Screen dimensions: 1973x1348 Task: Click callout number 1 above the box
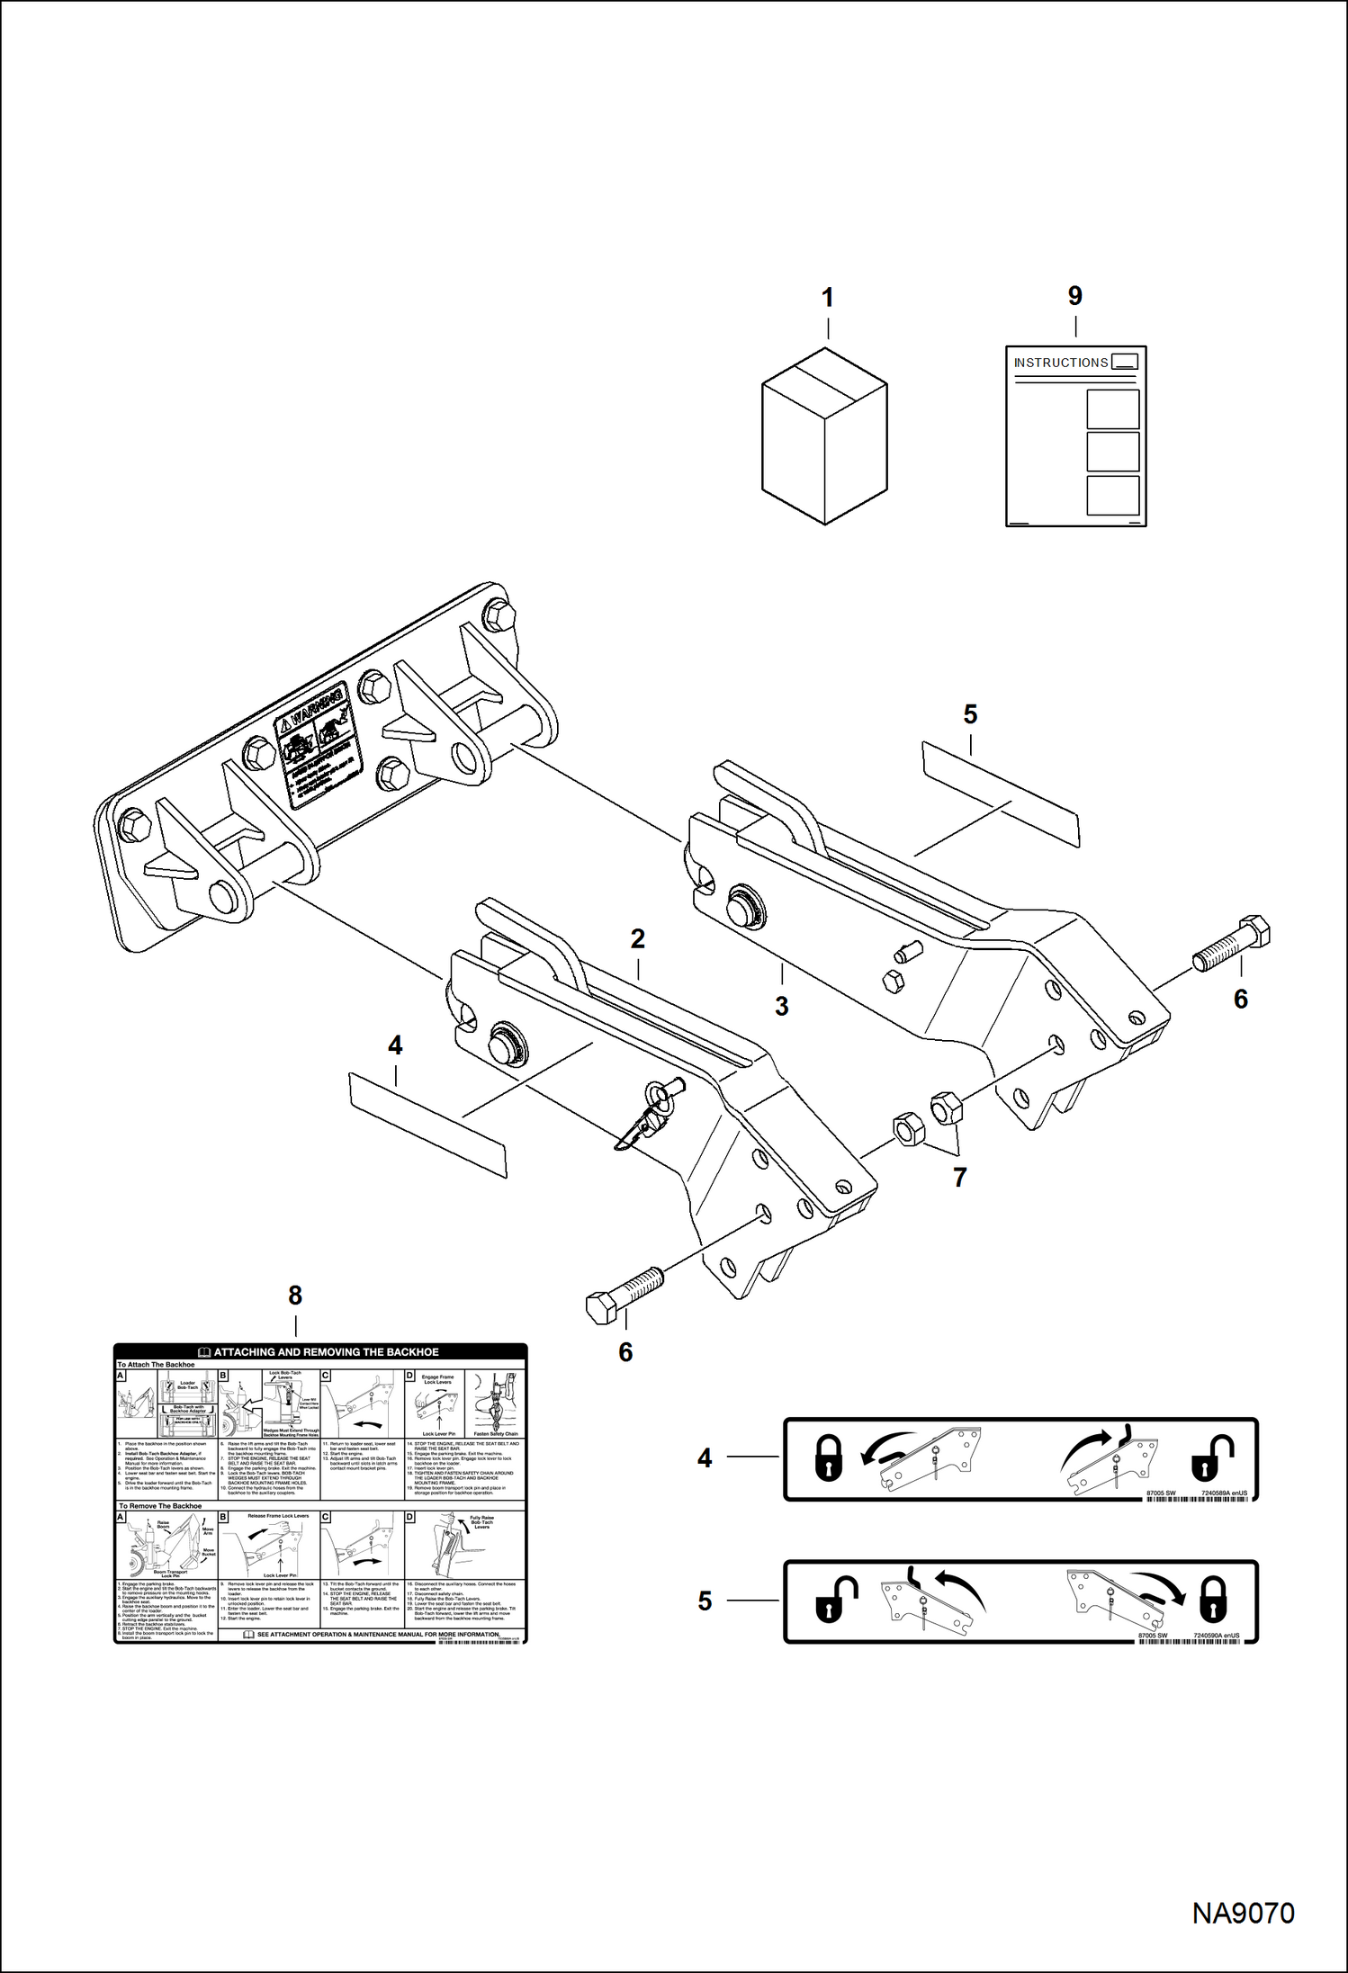[x=827, y=298]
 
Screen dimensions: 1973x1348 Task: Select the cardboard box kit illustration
[x=824, y=436]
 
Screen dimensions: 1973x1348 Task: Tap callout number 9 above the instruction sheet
[x=1074, y=296]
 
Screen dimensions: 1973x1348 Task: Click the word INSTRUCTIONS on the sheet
[x=1060, y=363]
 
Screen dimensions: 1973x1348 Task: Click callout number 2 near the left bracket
[x=638, y=939]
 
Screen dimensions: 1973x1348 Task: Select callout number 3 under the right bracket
[x=781, y=1007]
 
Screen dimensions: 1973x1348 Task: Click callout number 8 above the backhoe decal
[x=295, y=1296]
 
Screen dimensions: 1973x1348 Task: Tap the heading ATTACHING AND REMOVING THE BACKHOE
[x=326, y=1352]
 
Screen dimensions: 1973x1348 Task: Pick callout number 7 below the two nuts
[x=959, y=1177]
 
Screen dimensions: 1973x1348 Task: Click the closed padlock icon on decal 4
[x=828, y=1458]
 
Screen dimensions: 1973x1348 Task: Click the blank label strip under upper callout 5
[x=1000, y=794]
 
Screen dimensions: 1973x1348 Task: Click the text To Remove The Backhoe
[x=160, y=1506]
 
